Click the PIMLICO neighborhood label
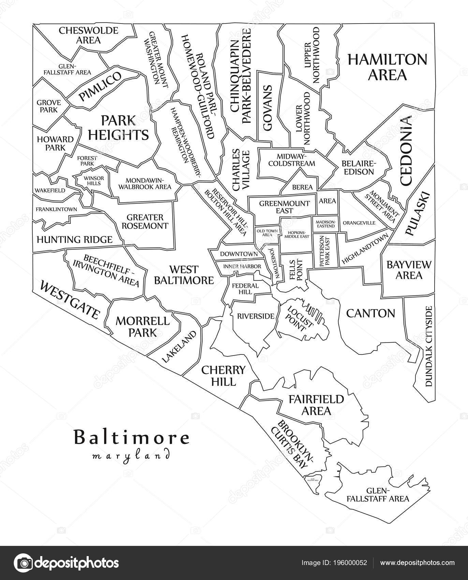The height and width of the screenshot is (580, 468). (100, 87)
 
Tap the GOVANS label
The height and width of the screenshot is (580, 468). (267, 108)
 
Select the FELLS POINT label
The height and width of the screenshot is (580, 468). (296, 270)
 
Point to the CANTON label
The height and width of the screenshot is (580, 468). (370, 313)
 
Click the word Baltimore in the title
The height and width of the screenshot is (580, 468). (131, 438)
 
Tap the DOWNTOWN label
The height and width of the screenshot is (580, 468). (238, 254)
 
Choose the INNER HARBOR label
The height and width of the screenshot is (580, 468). (242, 266)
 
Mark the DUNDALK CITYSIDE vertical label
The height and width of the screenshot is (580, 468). (429, 346)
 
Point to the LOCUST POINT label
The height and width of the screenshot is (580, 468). (296, 318)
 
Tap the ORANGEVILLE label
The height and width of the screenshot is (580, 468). (359, 223)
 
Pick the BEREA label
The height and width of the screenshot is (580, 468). (302, 187)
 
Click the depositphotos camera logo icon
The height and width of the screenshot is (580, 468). (24, 563)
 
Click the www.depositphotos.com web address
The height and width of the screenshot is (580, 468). (418, 563)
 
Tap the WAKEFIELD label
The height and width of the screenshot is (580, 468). (49, 190)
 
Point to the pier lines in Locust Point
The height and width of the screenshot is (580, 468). (314, 311)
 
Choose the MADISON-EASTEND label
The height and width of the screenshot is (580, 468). (325, 224)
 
